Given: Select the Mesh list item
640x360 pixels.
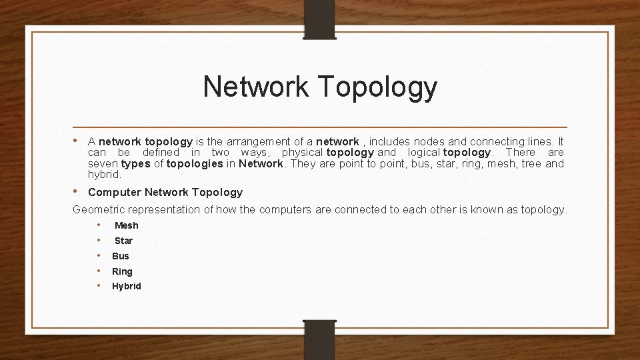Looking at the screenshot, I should coord(127,225).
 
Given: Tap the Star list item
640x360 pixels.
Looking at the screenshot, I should coord(123,241).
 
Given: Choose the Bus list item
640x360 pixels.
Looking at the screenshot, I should coord(121,256).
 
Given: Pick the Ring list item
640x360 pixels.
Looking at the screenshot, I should coord(122,271).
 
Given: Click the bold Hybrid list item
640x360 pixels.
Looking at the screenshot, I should coord(127,287).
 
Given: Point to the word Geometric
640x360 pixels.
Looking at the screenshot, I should coord(99,209).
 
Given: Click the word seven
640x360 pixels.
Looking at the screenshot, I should coord(103,164).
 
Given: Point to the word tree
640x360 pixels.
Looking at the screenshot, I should coord(531,164).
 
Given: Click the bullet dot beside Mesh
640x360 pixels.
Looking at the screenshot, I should coord(99,225).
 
